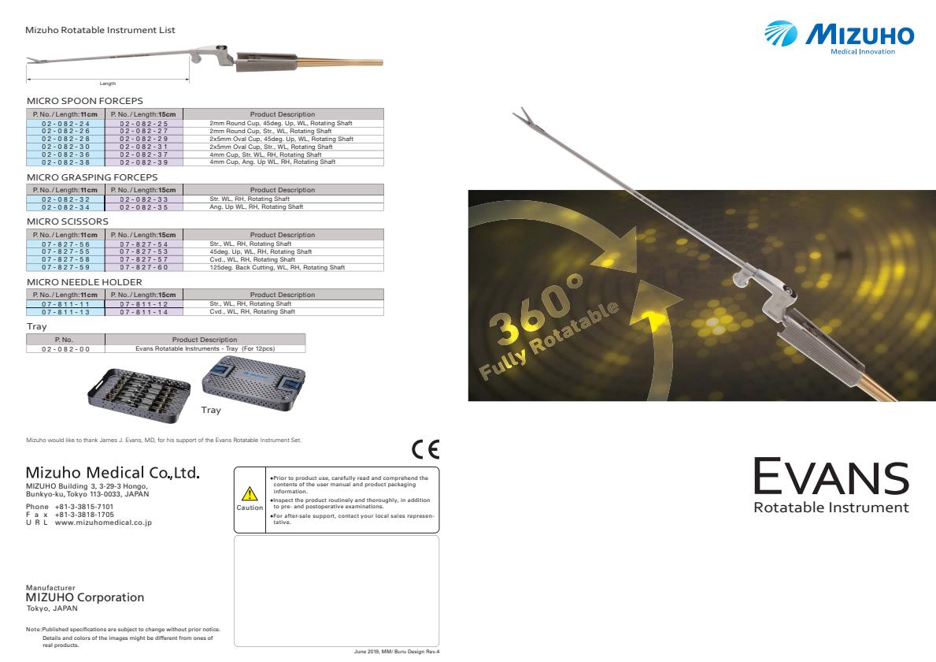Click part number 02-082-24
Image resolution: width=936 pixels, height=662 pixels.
click(65, 124)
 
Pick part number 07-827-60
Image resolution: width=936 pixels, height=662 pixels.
click(143, 267)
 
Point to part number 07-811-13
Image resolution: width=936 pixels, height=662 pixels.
click(65, 311)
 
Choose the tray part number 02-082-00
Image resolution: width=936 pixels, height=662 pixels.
click(65, 348)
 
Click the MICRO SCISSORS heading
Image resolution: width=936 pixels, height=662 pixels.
click(67, 222)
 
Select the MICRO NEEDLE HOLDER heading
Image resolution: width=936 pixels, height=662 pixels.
click(84, 282)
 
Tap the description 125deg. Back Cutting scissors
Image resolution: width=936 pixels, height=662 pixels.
click(277, 267)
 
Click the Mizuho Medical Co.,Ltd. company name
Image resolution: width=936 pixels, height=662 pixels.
click(113, 474)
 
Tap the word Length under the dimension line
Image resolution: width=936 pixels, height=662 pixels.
click(108, 84)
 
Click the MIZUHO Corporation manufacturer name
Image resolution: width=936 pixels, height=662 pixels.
click(85, 597)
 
